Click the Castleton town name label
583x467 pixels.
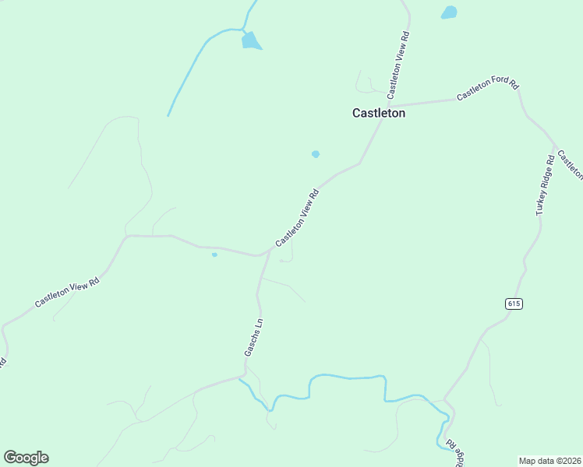378,113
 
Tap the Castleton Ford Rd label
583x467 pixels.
487,88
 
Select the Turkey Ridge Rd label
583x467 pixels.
544,185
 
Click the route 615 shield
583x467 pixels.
513,303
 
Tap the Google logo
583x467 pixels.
26,458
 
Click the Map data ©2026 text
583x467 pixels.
549,461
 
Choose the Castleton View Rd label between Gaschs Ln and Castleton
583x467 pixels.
297,218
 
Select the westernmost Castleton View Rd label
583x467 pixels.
69,294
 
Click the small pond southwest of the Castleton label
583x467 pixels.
316,154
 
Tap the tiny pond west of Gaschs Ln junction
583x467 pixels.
214,254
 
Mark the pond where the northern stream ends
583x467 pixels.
251,40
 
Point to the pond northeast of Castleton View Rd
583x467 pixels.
449,12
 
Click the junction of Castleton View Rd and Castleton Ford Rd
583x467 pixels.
388,106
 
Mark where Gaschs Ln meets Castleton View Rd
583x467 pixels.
270,251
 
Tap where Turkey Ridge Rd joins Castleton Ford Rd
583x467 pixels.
554,146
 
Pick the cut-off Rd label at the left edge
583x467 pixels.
3,362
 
